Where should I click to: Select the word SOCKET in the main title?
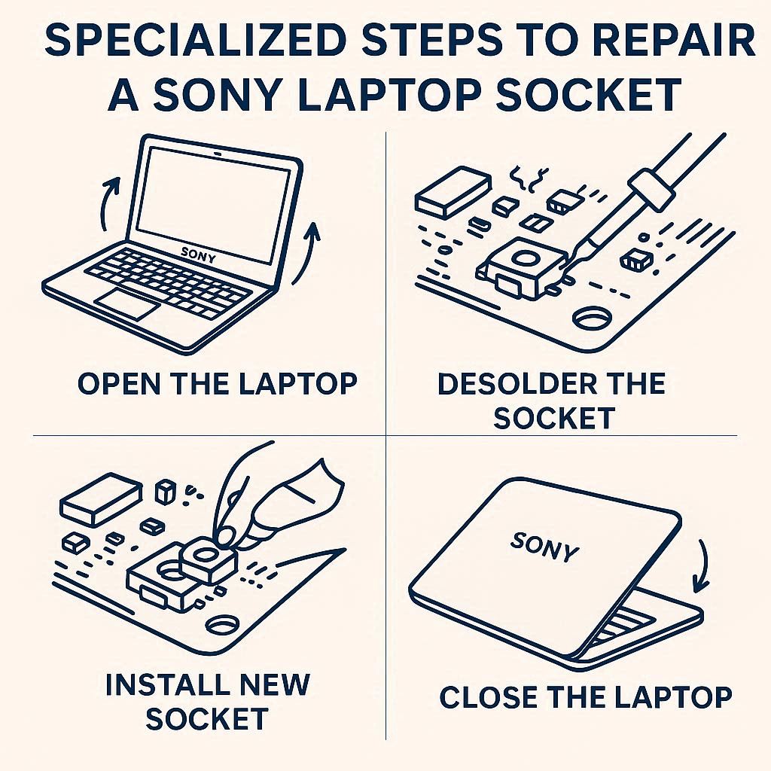pyautogui.click(x=588, y=94)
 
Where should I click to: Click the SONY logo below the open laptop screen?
pyautogui.click(x=199, y=255)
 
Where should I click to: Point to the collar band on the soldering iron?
pyautogui.click(x=651, y=188)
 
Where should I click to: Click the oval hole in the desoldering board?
pyautogui.click(x=592, y=318)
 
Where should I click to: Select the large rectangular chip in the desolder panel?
pyautogui.click(x=453, y=192)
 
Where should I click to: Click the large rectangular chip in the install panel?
pyautogui.click(x=101, y=499)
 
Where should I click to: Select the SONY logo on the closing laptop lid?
pyautogui.click(x=544, y=547)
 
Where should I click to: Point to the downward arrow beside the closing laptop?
pyautogui.click(x=704, y=565)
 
